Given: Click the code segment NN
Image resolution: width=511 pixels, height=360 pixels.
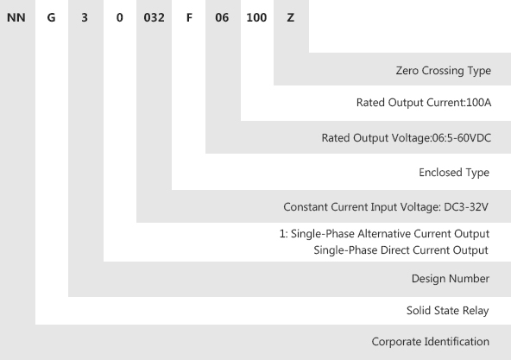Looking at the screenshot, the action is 16,17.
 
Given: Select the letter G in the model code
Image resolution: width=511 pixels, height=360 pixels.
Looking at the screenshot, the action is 51,17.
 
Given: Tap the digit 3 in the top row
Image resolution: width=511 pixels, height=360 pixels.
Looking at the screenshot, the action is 85,17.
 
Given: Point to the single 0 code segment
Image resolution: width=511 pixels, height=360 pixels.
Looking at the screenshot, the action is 120,17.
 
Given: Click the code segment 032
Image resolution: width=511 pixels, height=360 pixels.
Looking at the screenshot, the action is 155,17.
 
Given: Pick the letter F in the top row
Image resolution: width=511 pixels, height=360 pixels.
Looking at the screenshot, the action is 189,17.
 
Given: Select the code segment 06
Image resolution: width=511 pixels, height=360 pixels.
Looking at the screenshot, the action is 222,17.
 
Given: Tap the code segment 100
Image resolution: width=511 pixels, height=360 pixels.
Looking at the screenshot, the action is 256,17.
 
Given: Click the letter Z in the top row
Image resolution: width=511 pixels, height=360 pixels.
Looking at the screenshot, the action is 290,17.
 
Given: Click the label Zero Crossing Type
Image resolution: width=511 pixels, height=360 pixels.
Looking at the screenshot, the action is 443,71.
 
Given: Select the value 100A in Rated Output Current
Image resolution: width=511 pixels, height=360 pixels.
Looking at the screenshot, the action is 479,103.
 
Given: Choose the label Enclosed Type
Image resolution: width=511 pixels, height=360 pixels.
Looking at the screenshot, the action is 454,173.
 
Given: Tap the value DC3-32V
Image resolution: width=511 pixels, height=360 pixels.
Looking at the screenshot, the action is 466,207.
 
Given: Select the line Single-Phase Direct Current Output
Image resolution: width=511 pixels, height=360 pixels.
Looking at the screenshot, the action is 401,250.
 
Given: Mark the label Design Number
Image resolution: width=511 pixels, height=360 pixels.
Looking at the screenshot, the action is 451,279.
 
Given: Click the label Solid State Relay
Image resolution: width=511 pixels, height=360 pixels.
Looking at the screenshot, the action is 447,311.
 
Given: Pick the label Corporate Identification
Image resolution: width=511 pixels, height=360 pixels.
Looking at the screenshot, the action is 430,342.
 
